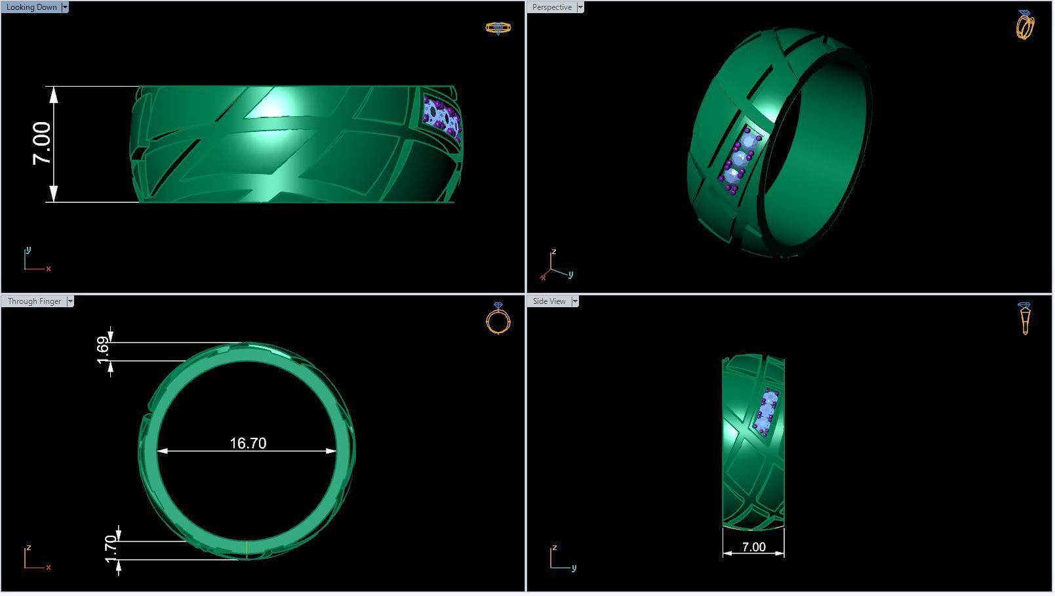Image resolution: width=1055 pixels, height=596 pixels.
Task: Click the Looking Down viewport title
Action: coord(31,7)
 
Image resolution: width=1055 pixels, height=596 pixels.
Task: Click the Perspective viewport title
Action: coord(551,7)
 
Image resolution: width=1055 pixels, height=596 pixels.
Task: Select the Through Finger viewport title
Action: coord(34,301)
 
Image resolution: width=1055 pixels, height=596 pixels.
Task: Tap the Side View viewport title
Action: coord(549,301)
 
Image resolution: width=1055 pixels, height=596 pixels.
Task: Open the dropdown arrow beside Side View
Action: coord(575,301)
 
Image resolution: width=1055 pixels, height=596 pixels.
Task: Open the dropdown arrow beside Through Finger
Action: coord(70,301)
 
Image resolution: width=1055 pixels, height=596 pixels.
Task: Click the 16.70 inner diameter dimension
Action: coord(248,444)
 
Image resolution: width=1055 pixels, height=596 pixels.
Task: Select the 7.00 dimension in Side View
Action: coord(753,547)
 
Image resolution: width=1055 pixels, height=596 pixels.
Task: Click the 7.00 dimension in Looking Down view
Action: coord(41,143)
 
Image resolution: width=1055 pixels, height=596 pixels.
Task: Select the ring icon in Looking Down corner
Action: coord(498,28)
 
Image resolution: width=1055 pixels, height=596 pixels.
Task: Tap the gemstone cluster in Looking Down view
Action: coord(441,117)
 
